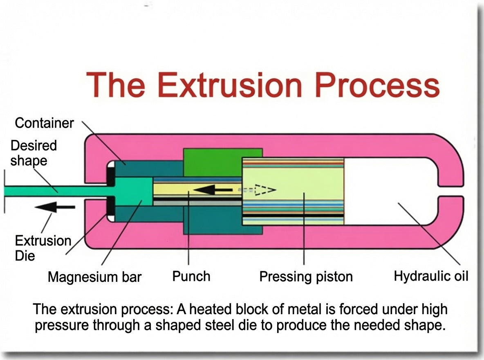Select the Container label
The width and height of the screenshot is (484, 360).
pyautogui.click(x=44, y=123)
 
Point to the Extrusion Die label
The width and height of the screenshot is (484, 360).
pyautogui.click(x=43, y=248)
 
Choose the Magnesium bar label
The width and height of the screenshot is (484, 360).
pyautogui.click(x=94, y=277)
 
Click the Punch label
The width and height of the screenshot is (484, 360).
pyautogui.click(x=191, y=276)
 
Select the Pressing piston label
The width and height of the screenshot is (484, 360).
pyautogui.click(x=306, y=277)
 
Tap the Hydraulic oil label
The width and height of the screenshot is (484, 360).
pyautogui.click(x=431, y=276)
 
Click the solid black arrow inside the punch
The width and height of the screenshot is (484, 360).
pyautogui.click(x=213, y=189)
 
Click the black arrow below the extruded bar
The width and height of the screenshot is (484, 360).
pyautogui.click(x=55, y=207)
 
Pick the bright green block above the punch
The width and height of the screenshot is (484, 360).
pyautogui.click(x=222, y=162)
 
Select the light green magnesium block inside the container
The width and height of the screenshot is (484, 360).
pyautogui.click(x=133, y=191)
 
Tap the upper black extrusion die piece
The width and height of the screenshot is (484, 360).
pyautogui.click(x=111, y=175)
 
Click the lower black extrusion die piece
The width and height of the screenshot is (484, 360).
pyautogui.click(x=111, y=206)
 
